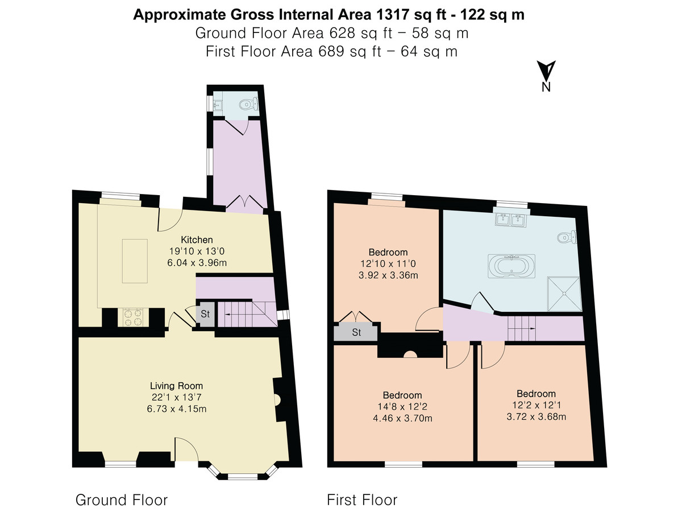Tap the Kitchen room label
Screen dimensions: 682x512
click(x=197, y=240)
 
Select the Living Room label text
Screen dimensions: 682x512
click(x=176, y=386)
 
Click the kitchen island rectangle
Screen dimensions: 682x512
click(x=135, y=261)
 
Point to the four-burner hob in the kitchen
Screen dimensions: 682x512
click(x=134, y=317)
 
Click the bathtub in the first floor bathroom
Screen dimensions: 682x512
click(x=511, y=266)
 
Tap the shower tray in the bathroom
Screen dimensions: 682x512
click(x=564, y=294)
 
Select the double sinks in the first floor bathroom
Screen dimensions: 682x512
click(x=510, y=220)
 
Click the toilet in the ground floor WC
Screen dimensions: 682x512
click(x=249, y=104)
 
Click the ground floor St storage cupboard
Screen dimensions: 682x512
click(x=205, y=314)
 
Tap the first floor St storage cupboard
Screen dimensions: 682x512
click(x=356, y=332)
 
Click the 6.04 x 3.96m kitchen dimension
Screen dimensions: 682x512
click(x=197, y=263)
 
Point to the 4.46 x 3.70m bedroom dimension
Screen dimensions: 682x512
click(x=402, y=418)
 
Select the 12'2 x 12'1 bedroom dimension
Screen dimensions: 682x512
click(x=536, y=405)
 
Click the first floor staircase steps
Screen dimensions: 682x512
click(x=522, y=328)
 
